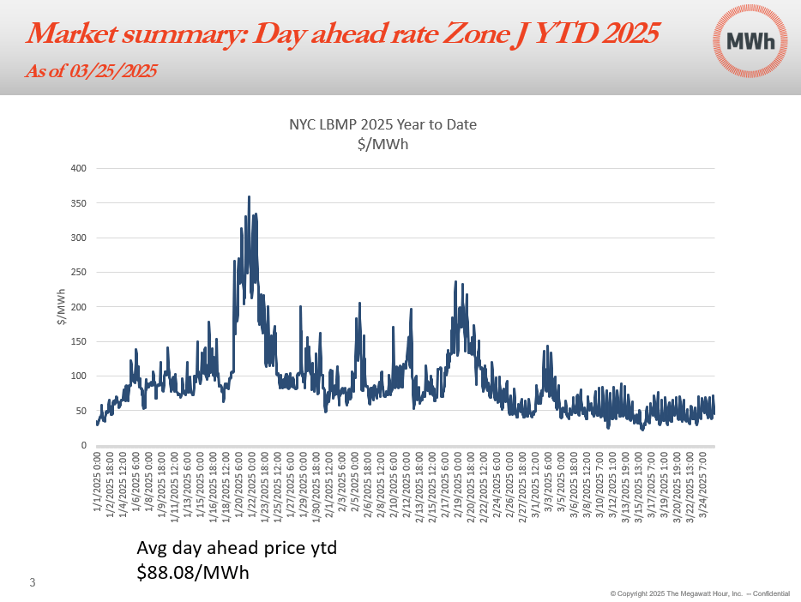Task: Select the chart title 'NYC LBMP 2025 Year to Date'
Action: (x=382, y=124)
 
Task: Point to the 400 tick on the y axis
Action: (x=78, y=168)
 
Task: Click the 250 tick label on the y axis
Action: (x=78, y=272)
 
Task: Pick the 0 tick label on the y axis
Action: (x=83, y=445)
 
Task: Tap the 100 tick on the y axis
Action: (x=78, y=376)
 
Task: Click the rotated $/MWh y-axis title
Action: (x=61, y=307)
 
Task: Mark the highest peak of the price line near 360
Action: (x=249, y=197)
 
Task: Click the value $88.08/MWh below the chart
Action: (x=193, y=572)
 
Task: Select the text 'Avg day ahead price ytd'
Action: (x=237, y=547)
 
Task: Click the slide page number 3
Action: (x=33, y=584)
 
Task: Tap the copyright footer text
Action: (x=700, y=593)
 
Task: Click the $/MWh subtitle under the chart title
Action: (x=382, y=143)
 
